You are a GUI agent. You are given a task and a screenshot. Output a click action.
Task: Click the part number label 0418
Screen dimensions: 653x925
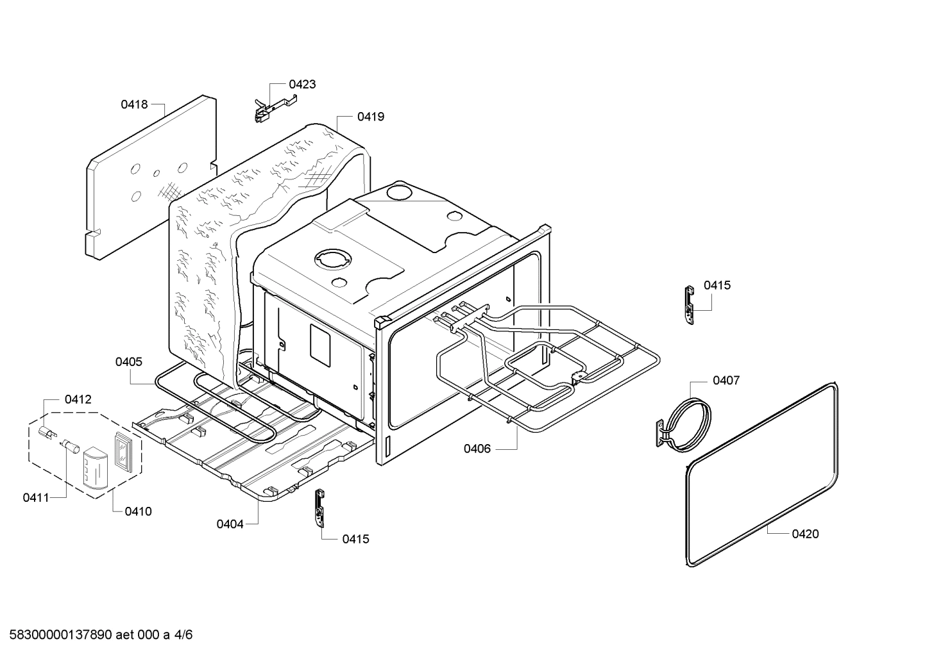click(x=134, y=104)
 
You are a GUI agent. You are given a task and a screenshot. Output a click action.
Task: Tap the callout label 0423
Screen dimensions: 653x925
click(x=302, y=84)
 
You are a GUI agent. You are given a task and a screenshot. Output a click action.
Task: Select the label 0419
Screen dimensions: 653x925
click(x=371, y=117)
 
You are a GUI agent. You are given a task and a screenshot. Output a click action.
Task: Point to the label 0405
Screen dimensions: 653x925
click(x=129, y=362)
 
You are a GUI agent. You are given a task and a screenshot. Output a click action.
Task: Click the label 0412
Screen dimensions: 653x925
click(x=78, y=399)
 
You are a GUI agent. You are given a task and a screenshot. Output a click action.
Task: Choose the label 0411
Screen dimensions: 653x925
click(x=36, y=497)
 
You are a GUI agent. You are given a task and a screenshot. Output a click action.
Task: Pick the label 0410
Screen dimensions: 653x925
click(x=139, y=511)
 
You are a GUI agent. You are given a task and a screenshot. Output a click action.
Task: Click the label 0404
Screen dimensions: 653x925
click(x=230, y=524)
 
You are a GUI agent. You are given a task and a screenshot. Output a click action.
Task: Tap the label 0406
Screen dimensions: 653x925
click(x=477, y=449)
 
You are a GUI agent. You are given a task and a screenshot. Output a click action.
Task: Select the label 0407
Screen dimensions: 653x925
click(x=726, y=381)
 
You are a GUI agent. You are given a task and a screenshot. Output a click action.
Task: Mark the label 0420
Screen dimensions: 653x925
click(x=805, y=534)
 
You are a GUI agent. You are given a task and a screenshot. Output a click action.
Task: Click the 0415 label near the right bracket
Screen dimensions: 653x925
click(x=717, y=285)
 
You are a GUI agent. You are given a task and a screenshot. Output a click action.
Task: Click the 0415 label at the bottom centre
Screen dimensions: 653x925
click(x=355, y=539)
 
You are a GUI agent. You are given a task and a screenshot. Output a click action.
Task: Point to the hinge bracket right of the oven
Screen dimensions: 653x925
click(x=688, y=306)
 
